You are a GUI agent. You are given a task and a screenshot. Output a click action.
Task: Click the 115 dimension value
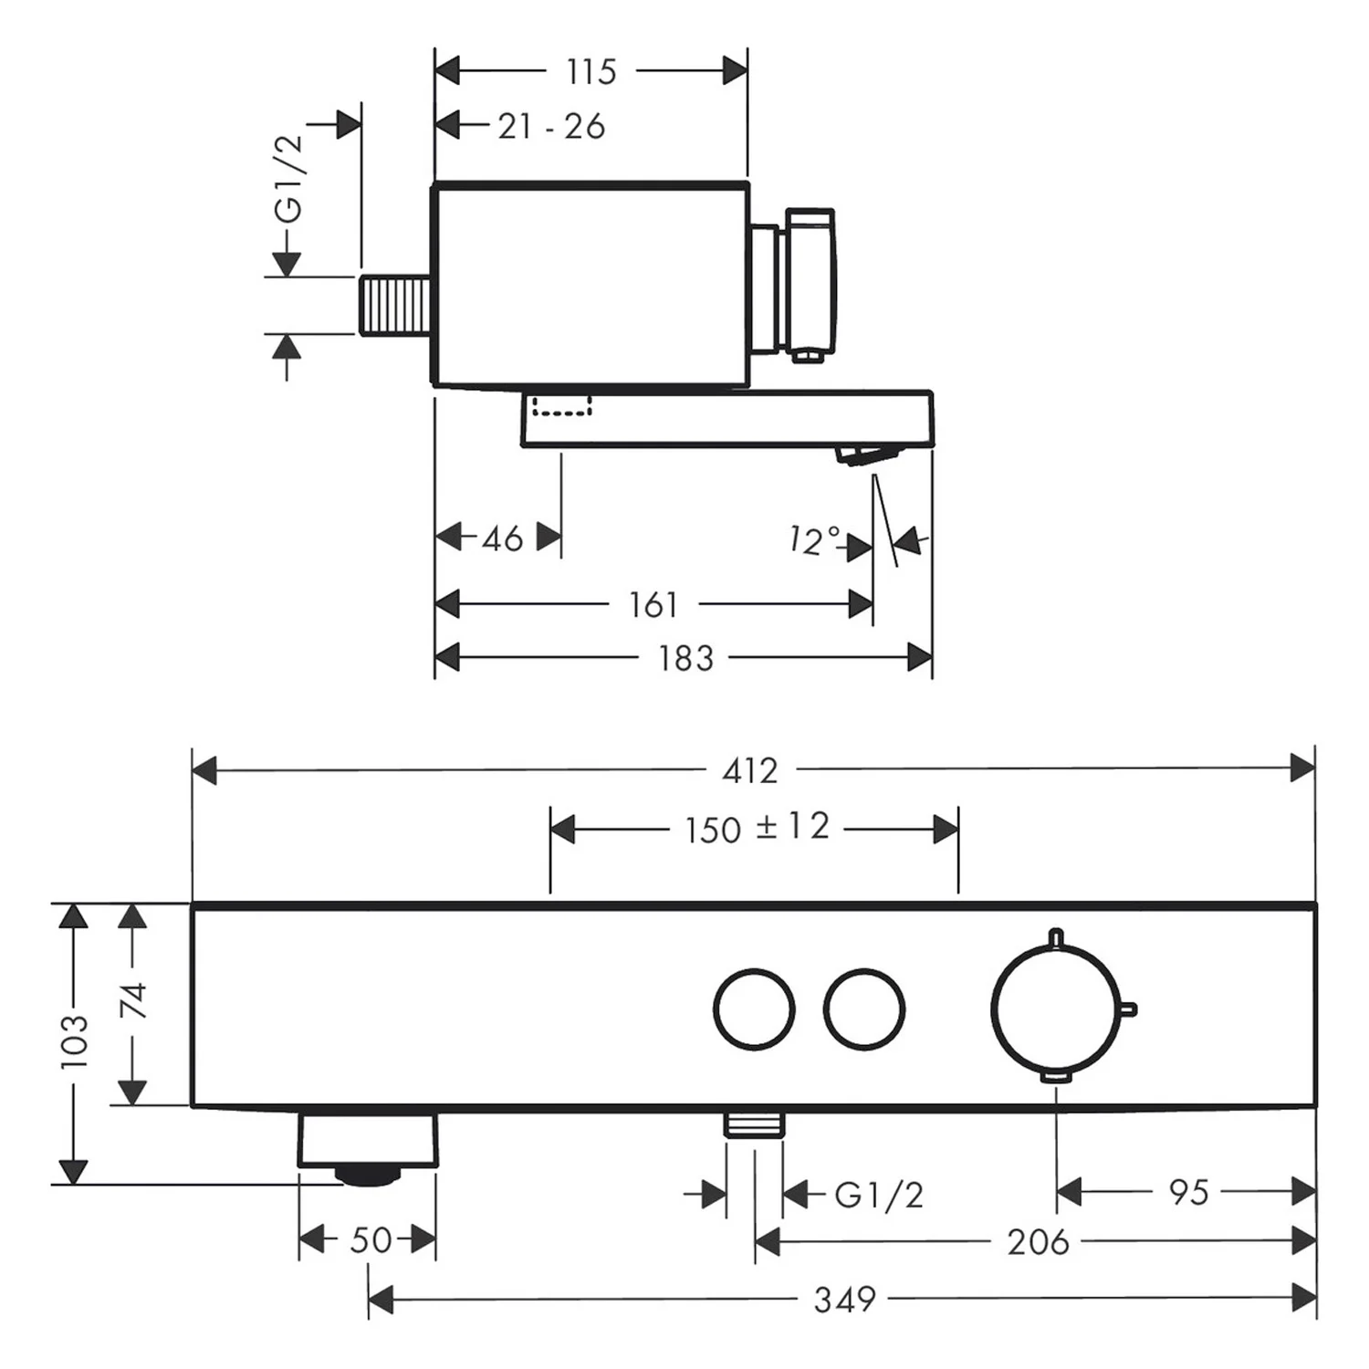[x=591, y=71]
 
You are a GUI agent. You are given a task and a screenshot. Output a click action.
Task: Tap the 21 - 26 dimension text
[x=551, y=126]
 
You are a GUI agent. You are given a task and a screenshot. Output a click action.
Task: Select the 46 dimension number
[x=502, y=538]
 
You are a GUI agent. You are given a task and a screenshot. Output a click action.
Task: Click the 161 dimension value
[x=653, y=604]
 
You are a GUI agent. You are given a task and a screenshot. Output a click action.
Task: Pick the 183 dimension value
[x=685, y=657]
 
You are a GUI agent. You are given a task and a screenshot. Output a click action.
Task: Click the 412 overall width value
[x=750, y=771]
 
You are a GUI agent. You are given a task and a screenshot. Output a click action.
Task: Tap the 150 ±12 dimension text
[x=758, y=828]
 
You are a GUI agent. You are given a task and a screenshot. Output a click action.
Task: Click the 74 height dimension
[x=134, y=1000]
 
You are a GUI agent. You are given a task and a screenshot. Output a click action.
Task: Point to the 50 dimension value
[x=371, y=1239]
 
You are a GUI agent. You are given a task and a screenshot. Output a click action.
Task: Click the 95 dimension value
[x=1188, y=1192]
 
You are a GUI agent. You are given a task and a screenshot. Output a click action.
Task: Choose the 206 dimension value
[x=1038, y=1241]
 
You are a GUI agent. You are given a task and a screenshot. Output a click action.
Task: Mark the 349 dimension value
[x=845, y=1299]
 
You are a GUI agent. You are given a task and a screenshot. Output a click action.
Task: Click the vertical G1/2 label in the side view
[x=288, y=179]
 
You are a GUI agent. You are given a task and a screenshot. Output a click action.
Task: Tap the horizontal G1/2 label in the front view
[x=879, y=1194]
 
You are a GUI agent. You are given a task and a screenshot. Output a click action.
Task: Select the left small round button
[x=754, y=1009]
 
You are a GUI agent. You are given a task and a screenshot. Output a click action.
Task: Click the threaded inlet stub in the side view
[x=396, y=305]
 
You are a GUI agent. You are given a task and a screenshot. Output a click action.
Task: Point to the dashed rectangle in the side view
[x=562, y=405]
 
